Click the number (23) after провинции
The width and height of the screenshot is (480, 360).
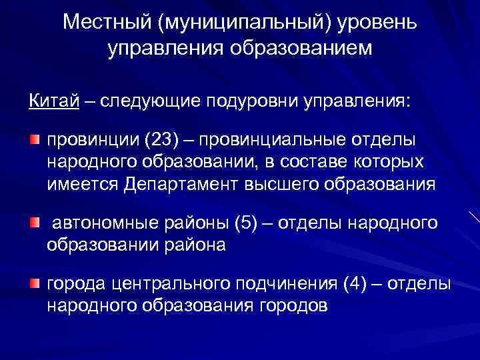click(155, 141)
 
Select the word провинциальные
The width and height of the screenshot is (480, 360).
click(273, 141)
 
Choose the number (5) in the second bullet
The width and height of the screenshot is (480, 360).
click(241, 223)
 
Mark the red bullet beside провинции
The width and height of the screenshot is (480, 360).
click(34, 141)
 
